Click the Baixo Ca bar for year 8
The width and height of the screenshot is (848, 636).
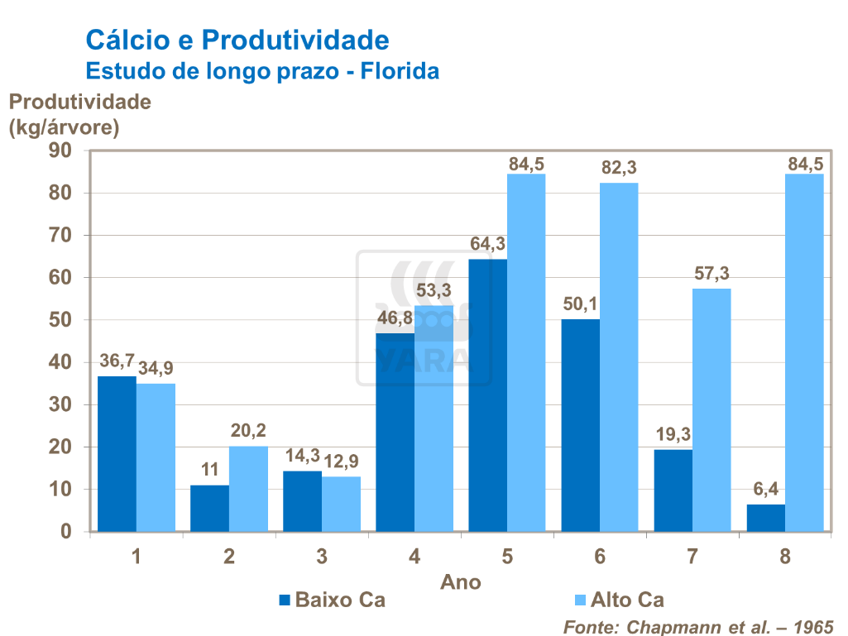click(x=765, y=518)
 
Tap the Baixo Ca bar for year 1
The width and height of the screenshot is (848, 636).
click(x=117, y=454)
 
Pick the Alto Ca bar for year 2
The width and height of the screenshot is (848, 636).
click(x=248, y=489)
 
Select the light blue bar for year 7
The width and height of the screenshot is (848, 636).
click(x=711, y=410)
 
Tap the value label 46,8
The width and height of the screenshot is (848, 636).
click(x=395, y=319)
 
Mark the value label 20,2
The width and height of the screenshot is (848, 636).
click(x=248, y=432)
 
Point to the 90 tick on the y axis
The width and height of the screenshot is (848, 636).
click(x=62, y=151)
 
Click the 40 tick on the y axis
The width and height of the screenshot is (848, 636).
click(x=62, y=362)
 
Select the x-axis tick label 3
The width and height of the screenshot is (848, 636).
click(x=322, y=557)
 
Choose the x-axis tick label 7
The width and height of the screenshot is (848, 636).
click(x=692, y=557)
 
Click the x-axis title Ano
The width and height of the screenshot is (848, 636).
click(x=461, y=581)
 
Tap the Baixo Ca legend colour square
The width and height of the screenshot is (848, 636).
click(x=284, y=600)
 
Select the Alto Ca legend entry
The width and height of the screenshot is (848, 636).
click(x=627, y=600)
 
